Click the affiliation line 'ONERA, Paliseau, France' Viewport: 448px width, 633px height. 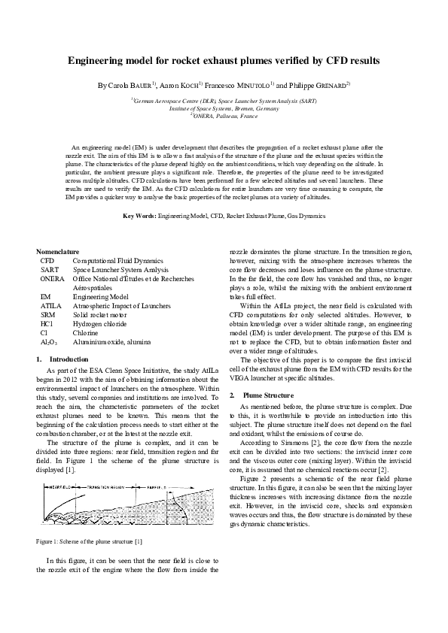[x=225, y=117]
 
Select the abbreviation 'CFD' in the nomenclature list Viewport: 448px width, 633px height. [x=47, y=259]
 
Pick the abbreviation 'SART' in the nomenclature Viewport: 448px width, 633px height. [x=49, y=269]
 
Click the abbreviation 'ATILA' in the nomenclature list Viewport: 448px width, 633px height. [x=50, y=307]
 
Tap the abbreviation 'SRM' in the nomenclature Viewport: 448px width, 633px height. [x=47, y=316]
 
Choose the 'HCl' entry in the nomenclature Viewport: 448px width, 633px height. [x=47, y=326]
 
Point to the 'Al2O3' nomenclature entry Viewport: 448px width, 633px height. [x=48, y=342]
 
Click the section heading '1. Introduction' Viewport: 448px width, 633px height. [x=62, y=360]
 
